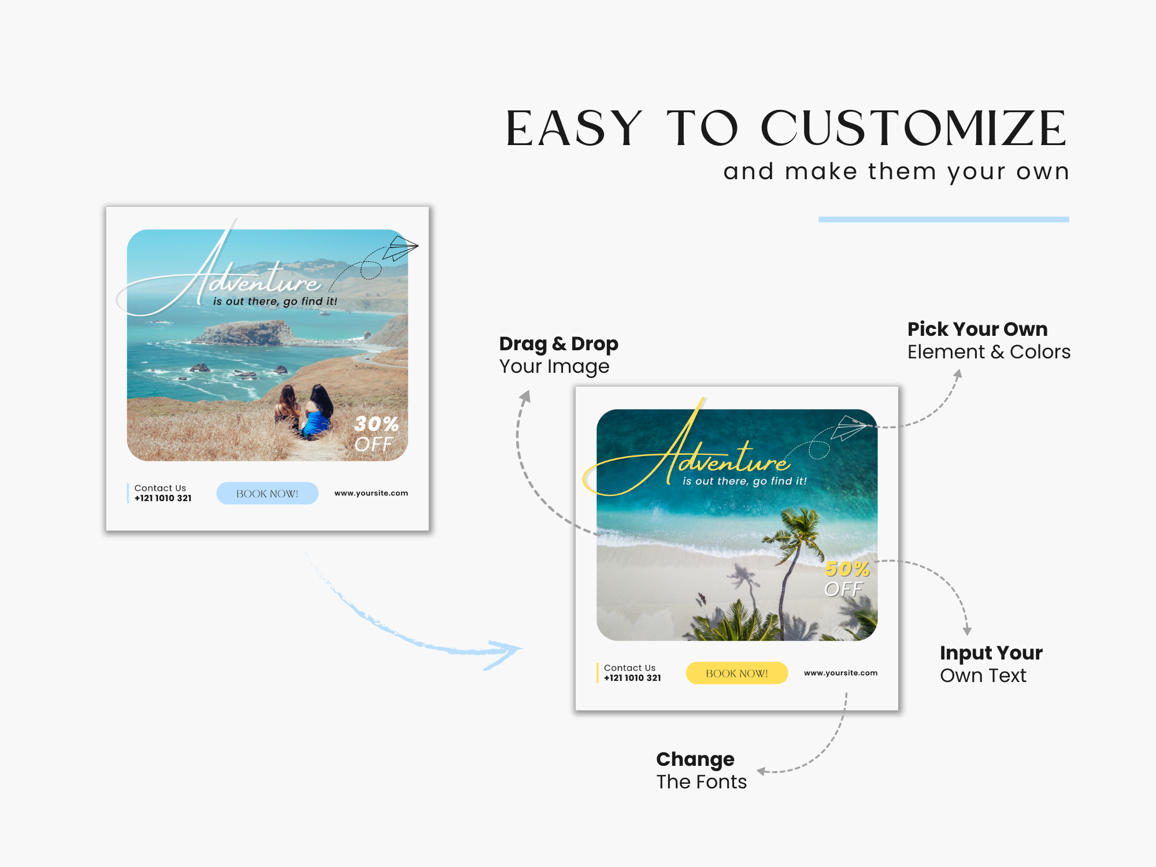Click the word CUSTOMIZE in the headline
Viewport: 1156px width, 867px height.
[x=914, y=128]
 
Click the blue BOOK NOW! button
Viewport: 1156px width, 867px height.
[x=267, y=494]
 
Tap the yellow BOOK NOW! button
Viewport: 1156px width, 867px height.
[x=737, y=673]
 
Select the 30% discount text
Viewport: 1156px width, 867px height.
[x=376, y=424]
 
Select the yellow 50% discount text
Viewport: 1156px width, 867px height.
[x=847, y=569]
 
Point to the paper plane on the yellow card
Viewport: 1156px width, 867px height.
[x=850, y=428]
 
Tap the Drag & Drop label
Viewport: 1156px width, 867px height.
[x=558, y=344]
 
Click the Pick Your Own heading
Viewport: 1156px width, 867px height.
[x=977, y=329]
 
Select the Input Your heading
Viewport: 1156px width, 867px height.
[x=991, y=653]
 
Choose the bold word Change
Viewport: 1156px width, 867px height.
[x=695, y=759]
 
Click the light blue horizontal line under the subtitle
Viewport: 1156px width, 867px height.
[x=944, y=220]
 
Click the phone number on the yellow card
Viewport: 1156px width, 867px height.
[x=632, y=678]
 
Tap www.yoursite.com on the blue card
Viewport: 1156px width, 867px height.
[x=371, y=493]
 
